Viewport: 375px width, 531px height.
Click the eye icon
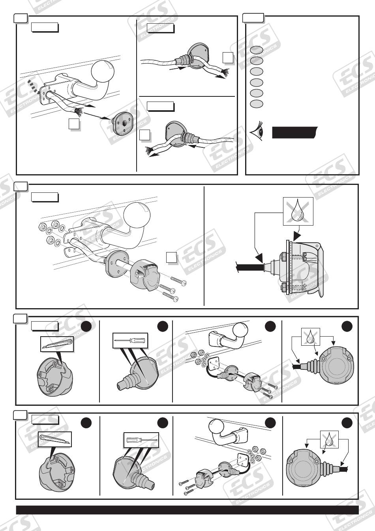tap(257, 131)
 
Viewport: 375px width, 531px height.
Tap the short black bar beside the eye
tap(295, 132)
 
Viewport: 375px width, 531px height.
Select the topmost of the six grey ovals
tap(257, 50)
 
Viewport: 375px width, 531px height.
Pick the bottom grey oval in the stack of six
tap(257, 104)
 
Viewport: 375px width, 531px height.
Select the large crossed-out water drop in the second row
tap(298, 211)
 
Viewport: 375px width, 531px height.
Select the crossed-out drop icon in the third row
tap(311, 336)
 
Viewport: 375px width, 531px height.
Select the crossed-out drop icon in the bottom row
tap(329, 439)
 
